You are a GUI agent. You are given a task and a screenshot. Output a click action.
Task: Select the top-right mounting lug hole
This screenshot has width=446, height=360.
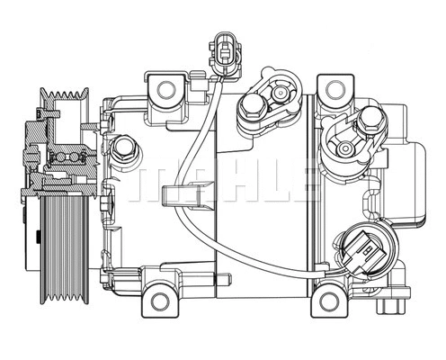335,89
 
